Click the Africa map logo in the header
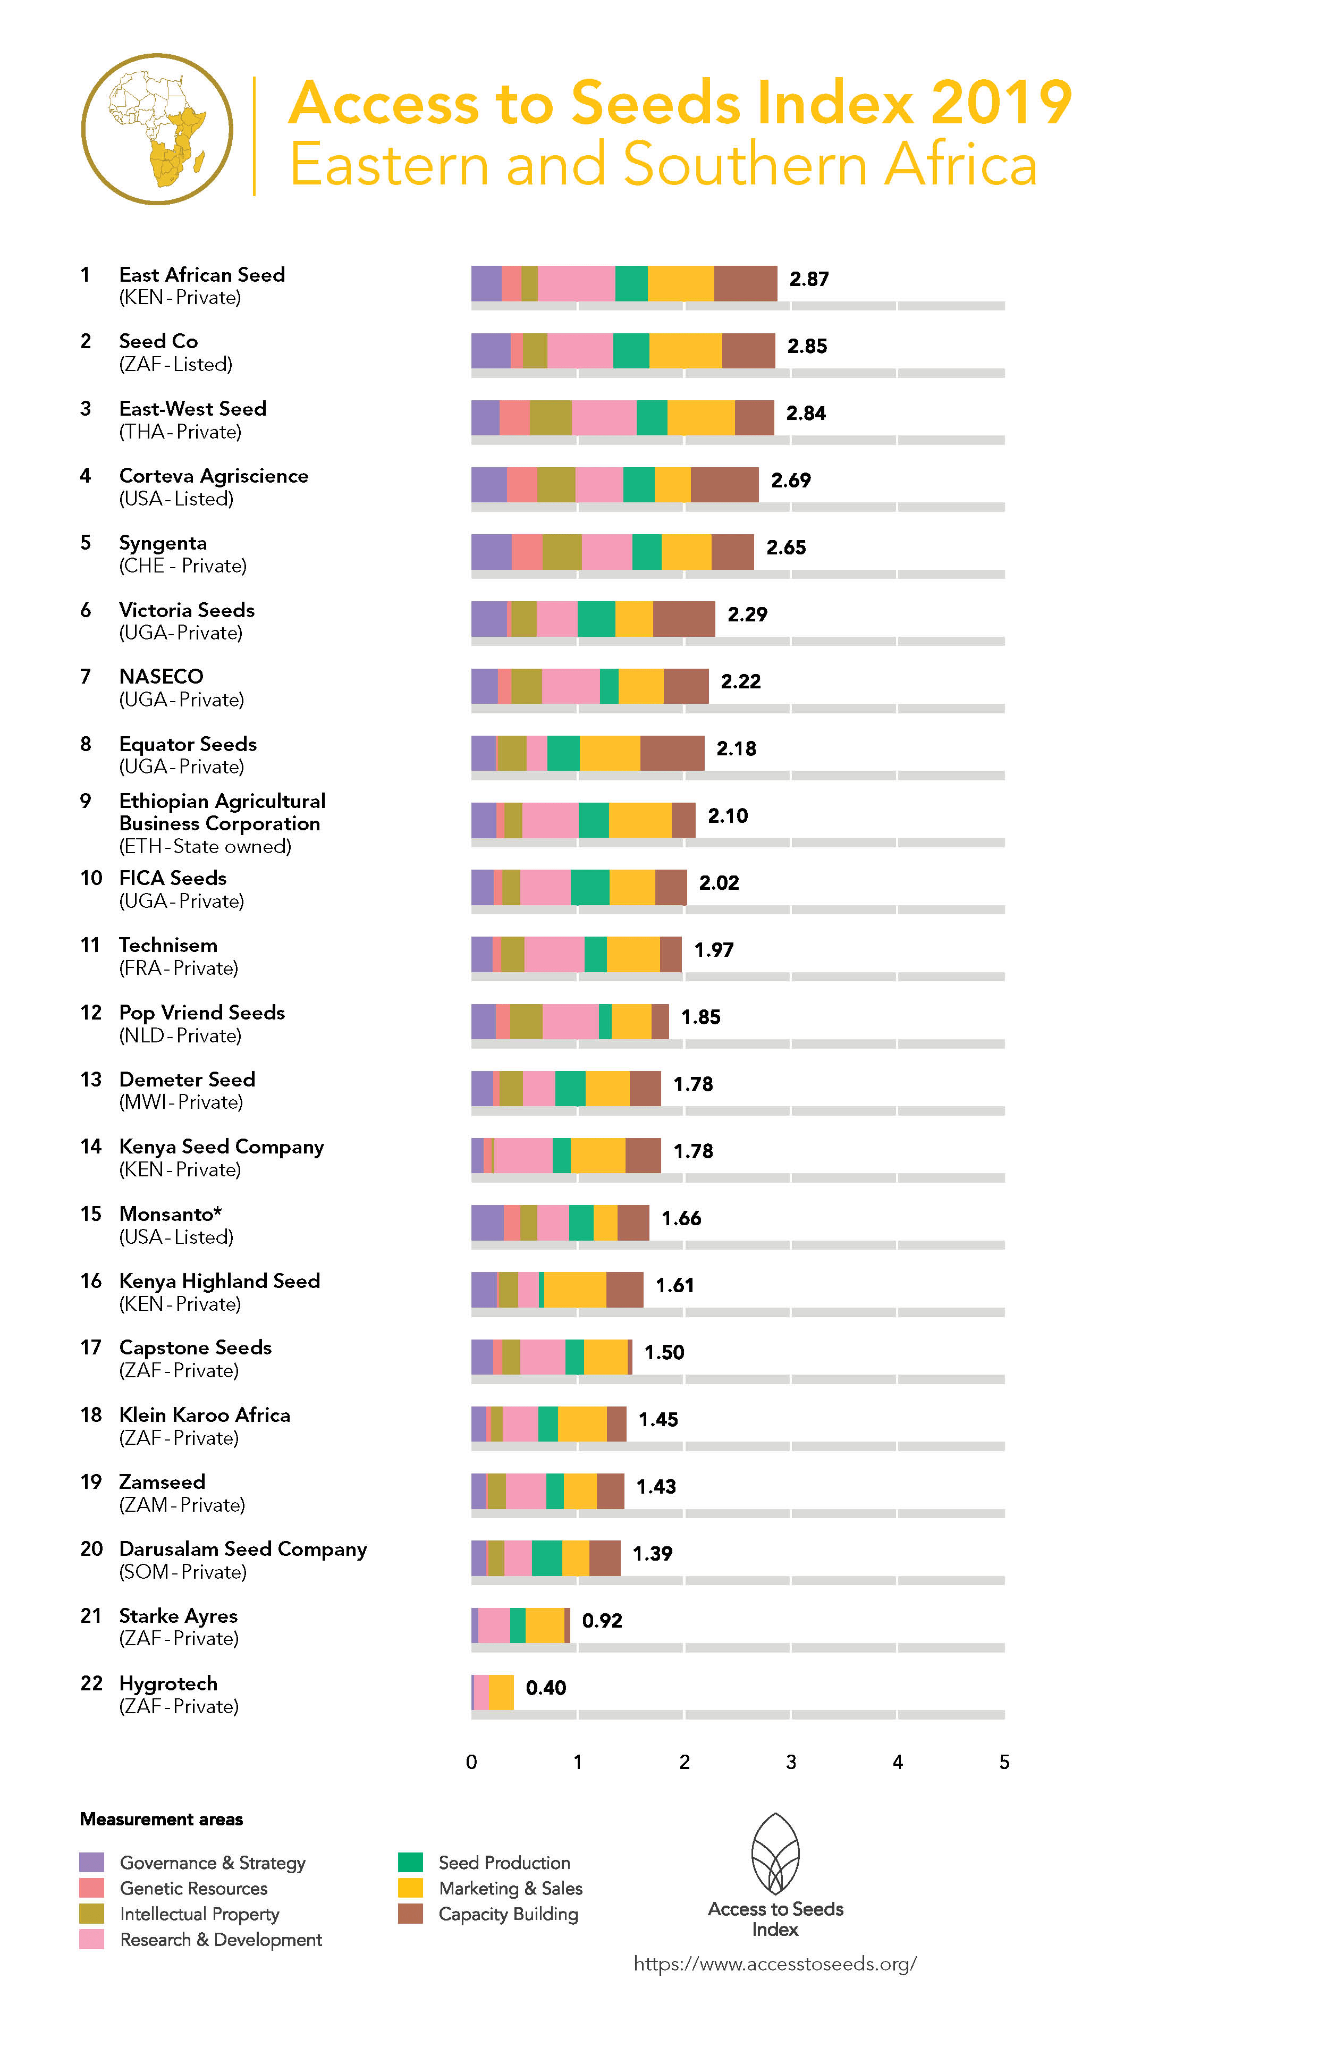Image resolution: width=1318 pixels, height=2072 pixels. coord(157,129)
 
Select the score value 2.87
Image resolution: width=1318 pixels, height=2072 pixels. coord(809,279)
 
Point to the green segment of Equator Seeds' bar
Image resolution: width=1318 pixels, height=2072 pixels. coord(563,753)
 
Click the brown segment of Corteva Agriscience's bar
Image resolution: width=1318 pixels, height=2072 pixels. coord(724,484)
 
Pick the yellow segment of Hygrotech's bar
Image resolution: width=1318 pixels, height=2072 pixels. coord(501,1692)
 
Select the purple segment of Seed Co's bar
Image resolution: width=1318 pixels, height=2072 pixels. coord(491,350)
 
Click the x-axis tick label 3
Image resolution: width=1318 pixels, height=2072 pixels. coord(791,1762)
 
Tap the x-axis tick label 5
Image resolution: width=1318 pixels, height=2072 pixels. coord(1004,1762)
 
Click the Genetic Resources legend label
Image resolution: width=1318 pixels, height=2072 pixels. coord(193,1889)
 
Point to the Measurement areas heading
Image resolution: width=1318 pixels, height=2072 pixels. coord(161,1819)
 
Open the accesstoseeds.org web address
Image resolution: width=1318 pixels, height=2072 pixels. coord(775,1964)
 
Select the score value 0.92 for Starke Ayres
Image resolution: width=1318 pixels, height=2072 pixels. coord(602,1620)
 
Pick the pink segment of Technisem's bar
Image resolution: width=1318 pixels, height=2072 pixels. coord(554,954)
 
